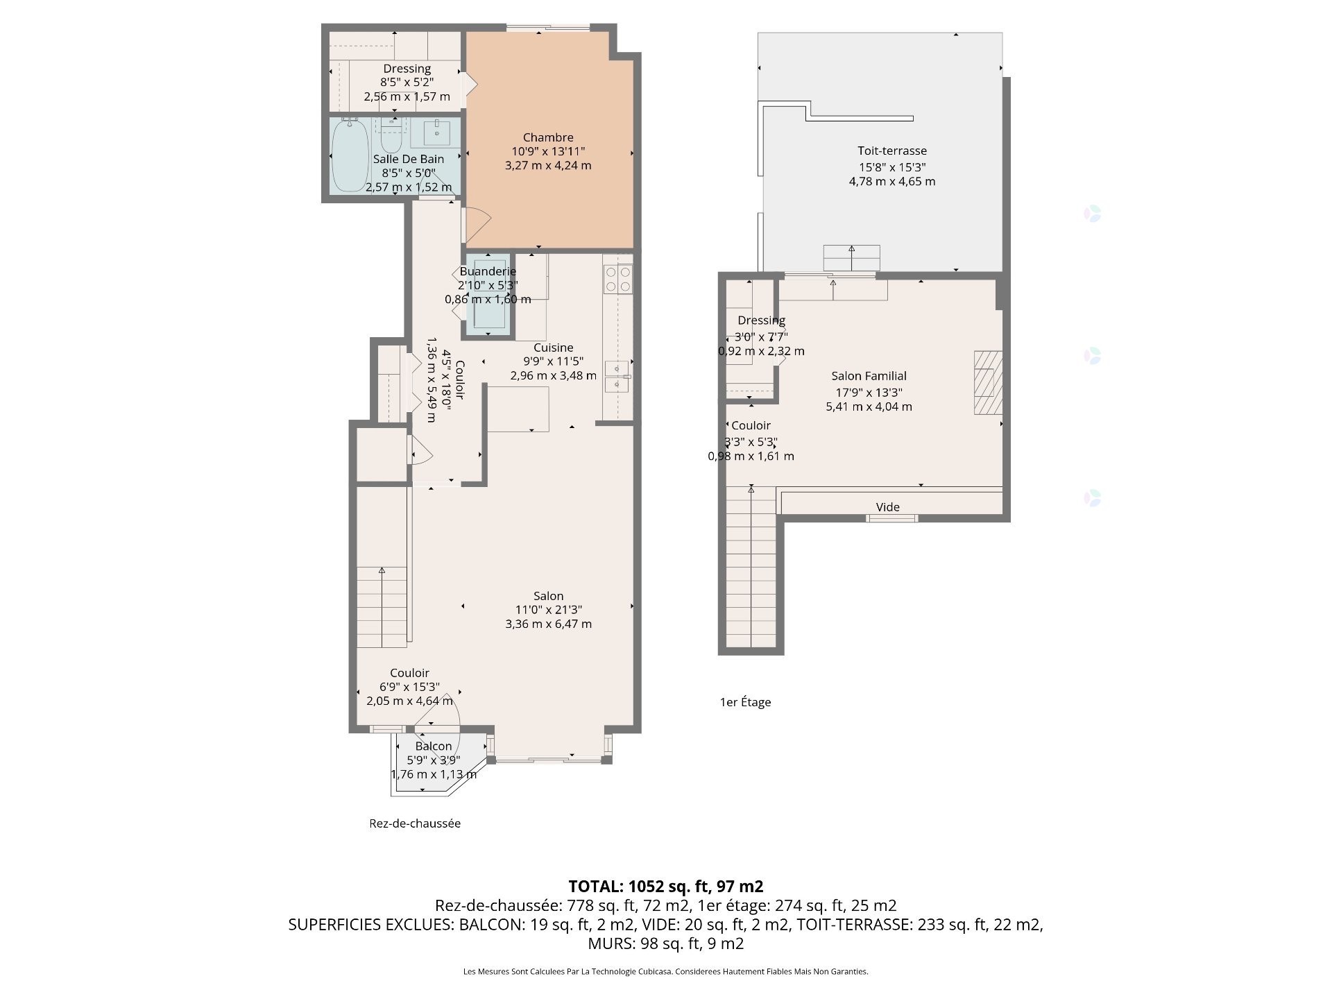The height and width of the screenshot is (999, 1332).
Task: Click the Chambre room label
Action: tap(548, 137)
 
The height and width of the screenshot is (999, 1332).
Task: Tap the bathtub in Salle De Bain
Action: tap(350, 155)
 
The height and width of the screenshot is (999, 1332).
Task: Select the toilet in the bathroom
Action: tap(391, 136)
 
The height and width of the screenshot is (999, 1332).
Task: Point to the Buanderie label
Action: tap(488, 271)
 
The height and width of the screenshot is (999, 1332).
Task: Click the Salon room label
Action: tap(548, 596)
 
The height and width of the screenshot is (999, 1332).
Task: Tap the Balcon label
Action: tap(434, 746)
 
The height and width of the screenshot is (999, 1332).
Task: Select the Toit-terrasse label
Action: tap(892, 151)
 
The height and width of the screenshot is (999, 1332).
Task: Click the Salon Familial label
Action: tap(869, 376)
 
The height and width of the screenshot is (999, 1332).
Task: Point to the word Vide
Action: tap(888, 507)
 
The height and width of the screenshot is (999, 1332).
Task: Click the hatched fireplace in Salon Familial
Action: tap(988, 382)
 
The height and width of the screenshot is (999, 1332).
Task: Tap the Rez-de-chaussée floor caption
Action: tap(415, 823)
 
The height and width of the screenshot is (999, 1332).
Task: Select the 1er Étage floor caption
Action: tap(745, 702)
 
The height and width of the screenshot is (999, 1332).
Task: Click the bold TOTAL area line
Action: tap(666, 886)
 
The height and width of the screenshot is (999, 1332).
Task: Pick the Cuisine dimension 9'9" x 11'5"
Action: tap(554, 361)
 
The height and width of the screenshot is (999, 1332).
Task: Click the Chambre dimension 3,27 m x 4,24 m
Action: tap(548, 165)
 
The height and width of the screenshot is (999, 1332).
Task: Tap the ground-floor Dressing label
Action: tap(407, 69)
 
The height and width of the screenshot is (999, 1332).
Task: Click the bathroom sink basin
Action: tap(437, 132)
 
